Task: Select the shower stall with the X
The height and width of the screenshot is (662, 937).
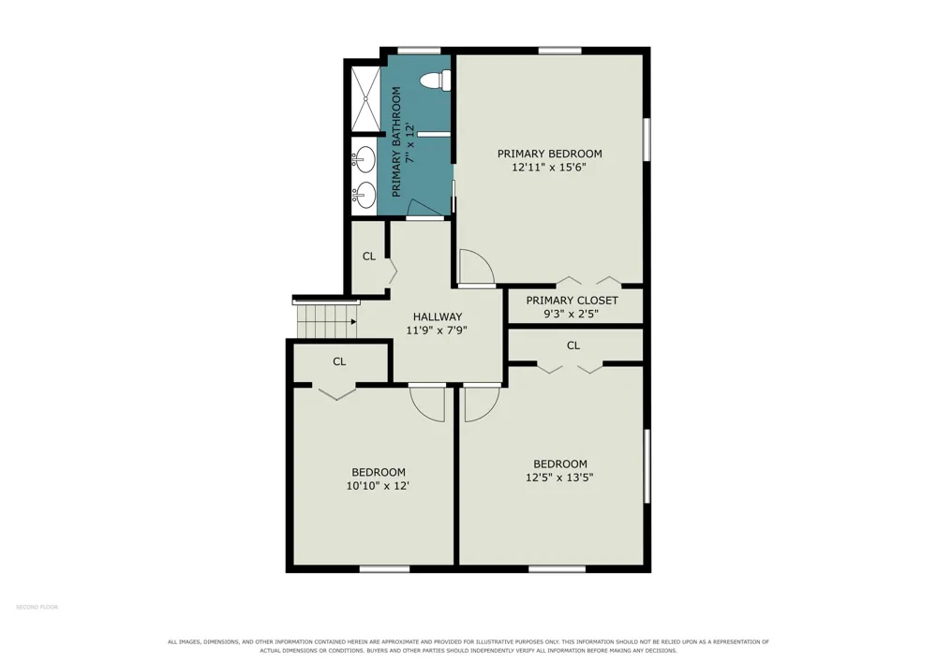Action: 365,98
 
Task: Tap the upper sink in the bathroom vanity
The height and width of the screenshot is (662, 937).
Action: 364,160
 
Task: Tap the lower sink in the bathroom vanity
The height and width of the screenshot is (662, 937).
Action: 364,195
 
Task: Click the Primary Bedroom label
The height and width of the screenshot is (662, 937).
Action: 550,154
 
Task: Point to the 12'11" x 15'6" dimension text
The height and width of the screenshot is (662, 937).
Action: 548,168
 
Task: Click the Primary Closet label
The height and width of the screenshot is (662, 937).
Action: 572,301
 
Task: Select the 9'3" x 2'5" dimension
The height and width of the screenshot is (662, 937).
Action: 572,314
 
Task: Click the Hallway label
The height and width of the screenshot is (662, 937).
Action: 438,317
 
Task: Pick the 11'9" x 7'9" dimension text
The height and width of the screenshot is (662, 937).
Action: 437,331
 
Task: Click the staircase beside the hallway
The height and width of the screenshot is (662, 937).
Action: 327,321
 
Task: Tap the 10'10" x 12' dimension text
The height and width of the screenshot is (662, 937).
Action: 378,486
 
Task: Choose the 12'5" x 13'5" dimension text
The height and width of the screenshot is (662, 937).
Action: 559,478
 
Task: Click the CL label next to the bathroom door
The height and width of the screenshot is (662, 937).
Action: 369,257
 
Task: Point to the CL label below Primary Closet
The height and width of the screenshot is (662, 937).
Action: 573,346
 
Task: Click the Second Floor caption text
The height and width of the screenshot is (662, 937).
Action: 37,607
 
